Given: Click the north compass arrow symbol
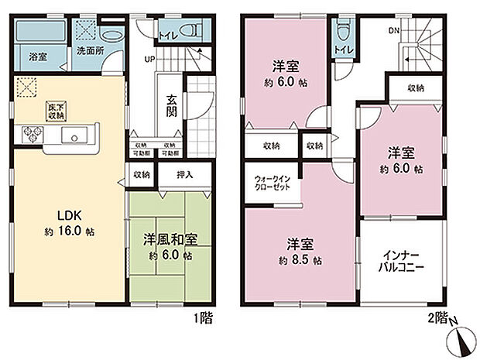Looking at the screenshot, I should click(464, 338).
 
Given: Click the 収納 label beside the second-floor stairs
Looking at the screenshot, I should click(415, 88).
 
